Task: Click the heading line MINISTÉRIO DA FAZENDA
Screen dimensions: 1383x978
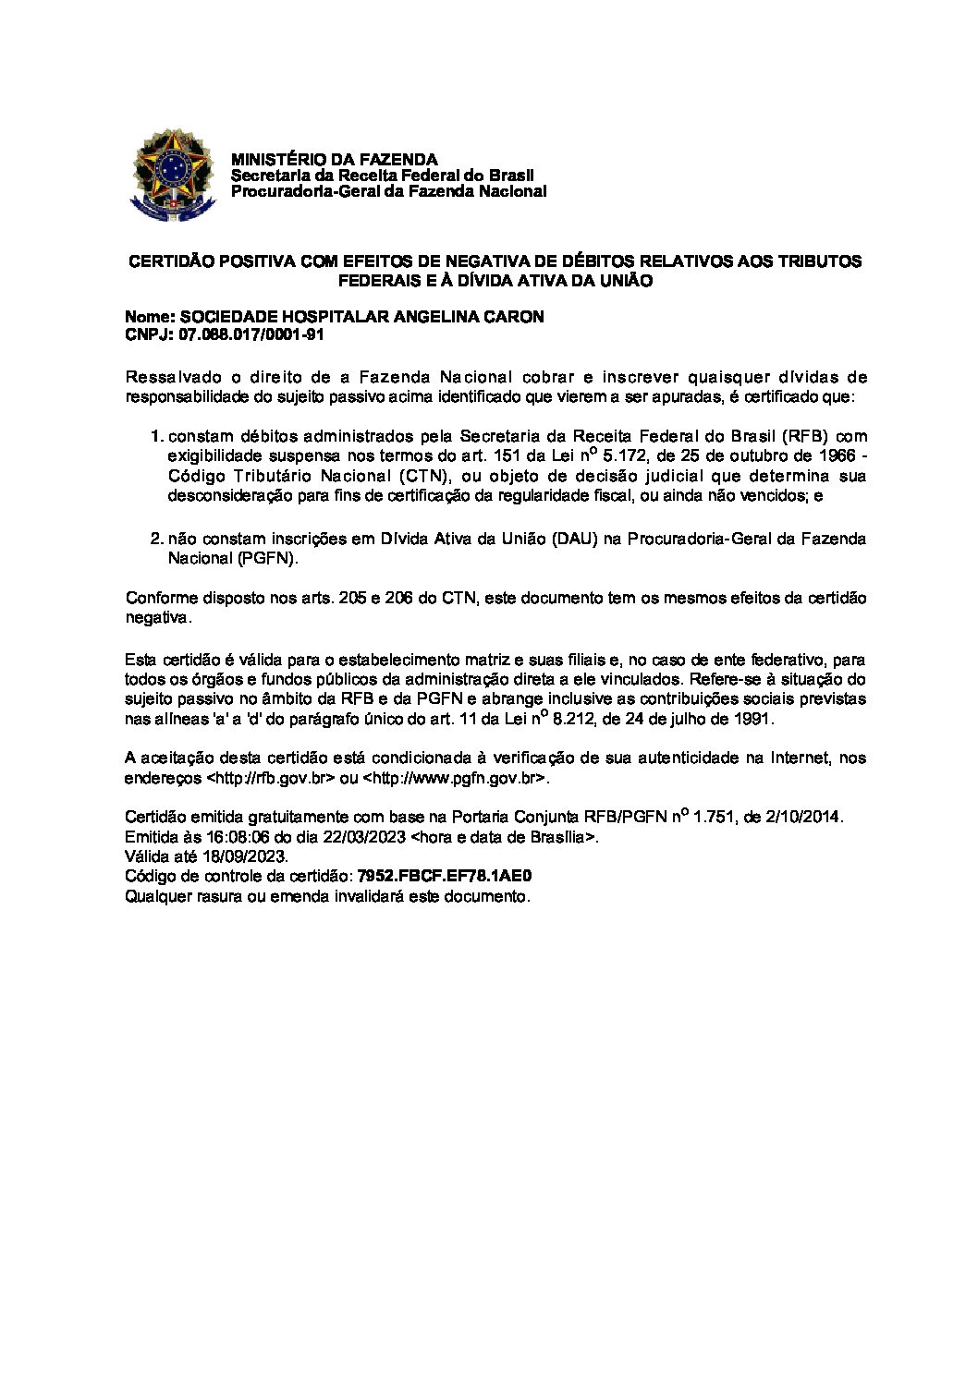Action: pyautogui.click(x=334, y=160)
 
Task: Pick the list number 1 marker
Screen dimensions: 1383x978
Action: pyautogui.click(x=155, y=436)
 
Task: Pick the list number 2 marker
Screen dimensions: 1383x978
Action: pyautogui.click(x=155, y=539)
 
